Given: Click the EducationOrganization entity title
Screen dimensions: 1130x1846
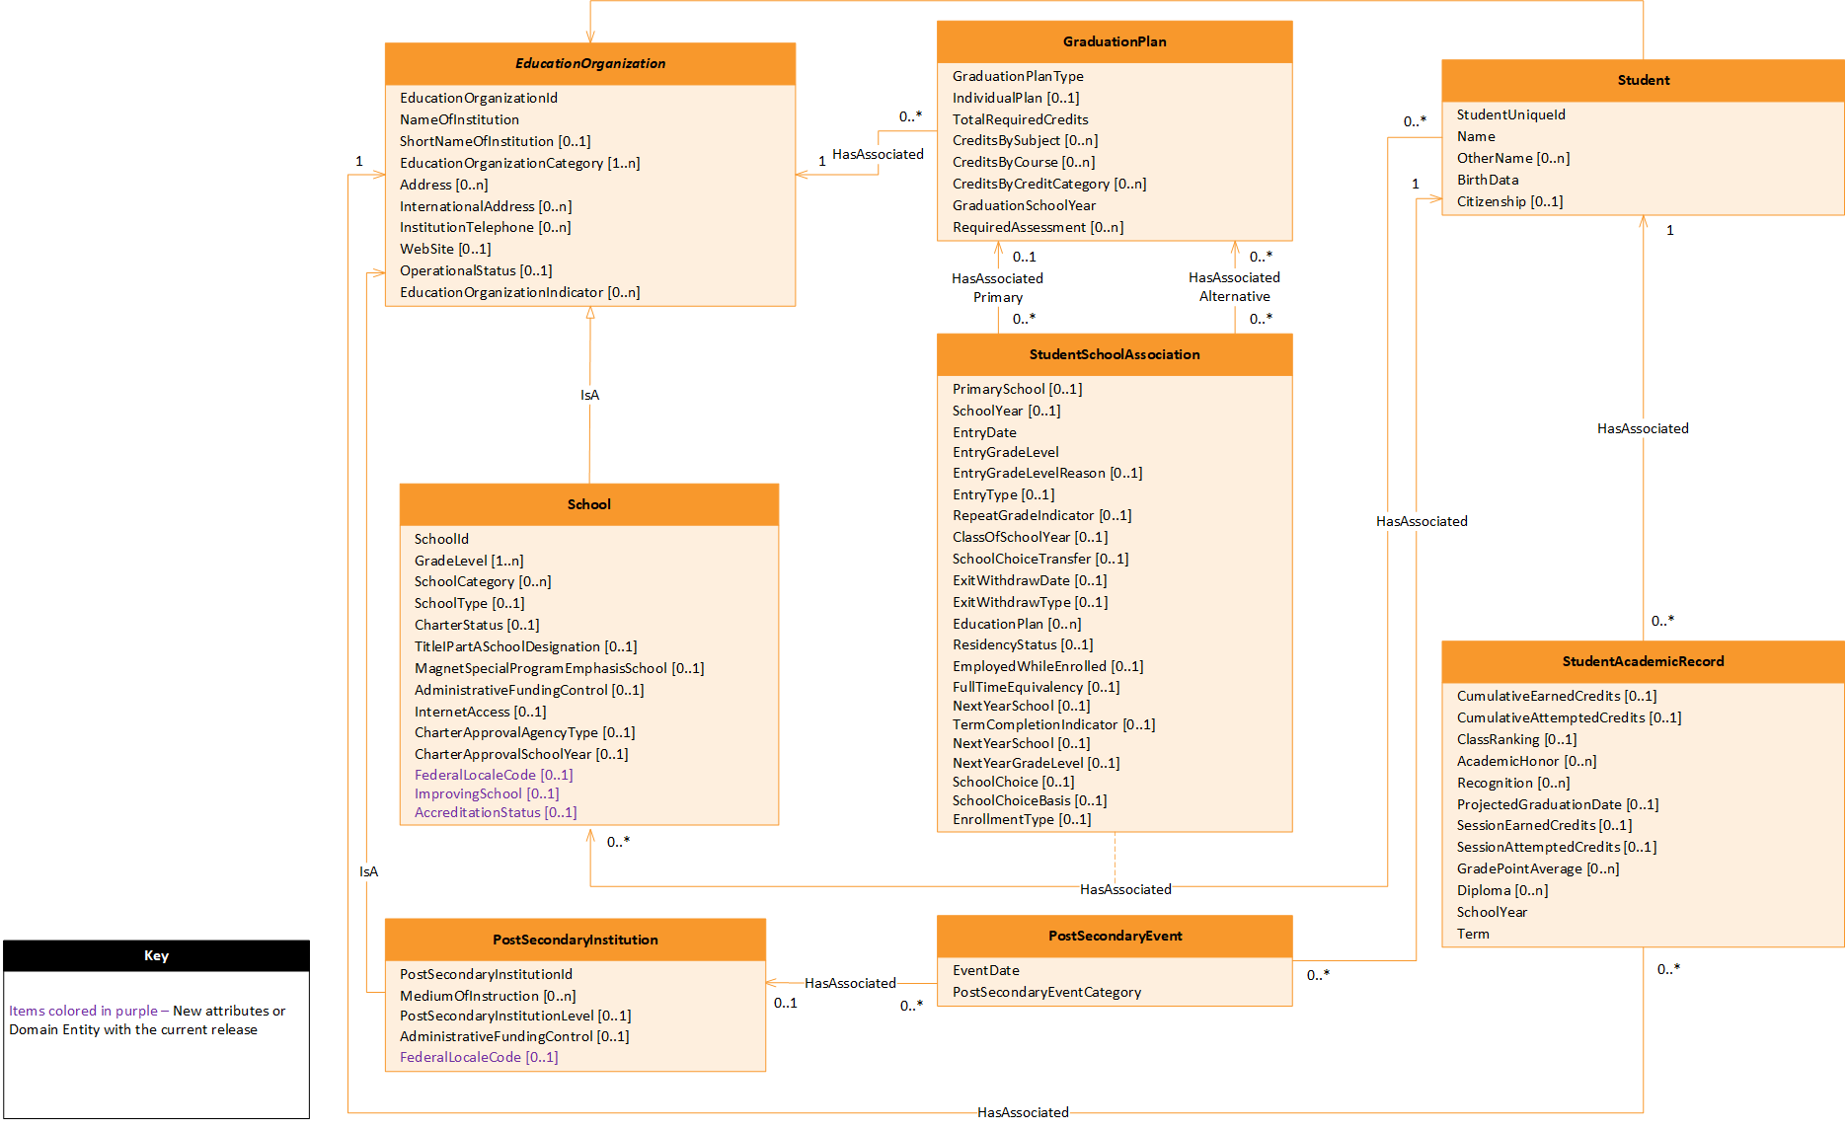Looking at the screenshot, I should pos(590,63).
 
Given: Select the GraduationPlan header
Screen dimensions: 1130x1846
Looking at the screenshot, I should pos(1115,41).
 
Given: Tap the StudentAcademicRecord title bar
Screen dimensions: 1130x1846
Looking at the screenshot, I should pos(1643,661).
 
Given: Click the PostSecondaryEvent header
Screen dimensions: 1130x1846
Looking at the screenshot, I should pos(1115,936).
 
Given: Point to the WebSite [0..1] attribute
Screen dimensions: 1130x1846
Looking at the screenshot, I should pos(445,249).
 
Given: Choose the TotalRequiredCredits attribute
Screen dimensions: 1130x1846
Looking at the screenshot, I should pos(1020,119).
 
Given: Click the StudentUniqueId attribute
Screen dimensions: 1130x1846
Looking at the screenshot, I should pos(1510,114).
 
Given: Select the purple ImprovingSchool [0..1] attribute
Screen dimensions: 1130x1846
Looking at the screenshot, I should pos(487,793).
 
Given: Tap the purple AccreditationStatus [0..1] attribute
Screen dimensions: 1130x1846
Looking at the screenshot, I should pos(496,812).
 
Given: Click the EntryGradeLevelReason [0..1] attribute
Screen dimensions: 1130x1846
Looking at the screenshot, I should pos(1046,473).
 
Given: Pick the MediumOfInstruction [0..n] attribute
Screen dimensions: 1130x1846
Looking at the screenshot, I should pos(488,996).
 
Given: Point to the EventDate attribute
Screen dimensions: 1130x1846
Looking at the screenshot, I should pos(985,970).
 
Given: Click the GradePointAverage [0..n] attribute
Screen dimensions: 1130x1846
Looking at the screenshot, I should pos(1537,868).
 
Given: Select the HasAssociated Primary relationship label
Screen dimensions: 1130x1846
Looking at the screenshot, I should pos(997,287).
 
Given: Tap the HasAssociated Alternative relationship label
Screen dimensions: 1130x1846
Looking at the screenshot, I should pos(1234,286).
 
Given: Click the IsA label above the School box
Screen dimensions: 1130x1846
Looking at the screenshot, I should pos(589,395).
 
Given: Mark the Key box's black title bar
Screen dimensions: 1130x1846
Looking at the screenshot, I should pos(156,955).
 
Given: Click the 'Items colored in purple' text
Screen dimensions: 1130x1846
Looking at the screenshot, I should pos(83,1011).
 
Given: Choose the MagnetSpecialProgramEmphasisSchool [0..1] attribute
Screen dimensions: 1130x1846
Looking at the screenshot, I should pos(559,668).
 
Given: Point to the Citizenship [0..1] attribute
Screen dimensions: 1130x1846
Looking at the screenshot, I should pos(1509,201).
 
